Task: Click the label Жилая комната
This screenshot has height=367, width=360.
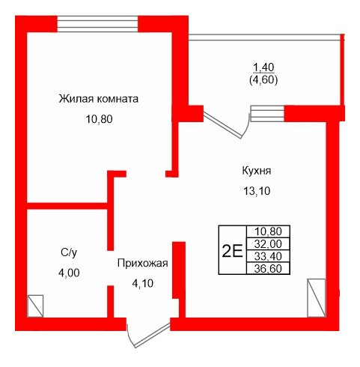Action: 100,98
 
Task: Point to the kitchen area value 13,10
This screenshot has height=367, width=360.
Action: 256,191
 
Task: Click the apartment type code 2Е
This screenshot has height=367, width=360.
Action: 232,250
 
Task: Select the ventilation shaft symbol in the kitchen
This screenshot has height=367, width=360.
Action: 317,298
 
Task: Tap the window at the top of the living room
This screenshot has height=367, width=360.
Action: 98,23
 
